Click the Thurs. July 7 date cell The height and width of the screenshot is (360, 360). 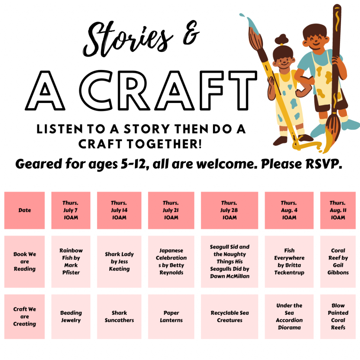pos(71,210)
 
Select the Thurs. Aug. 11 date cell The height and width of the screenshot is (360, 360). pos(338,210)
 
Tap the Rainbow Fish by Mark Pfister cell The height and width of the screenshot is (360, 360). pos(71,262)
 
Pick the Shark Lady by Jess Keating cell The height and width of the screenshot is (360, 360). pos(119,262)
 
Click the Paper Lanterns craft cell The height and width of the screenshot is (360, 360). pos(171,317)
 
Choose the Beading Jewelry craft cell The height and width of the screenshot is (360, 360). pos(71,317)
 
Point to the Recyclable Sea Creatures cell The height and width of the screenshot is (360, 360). pos(229,317)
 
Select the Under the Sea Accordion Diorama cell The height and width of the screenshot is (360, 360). pos(289,317)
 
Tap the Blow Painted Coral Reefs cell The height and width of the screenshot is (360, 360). pos(338,317)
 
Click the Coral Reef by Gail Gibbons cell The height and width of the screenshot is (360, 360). pos(338,262)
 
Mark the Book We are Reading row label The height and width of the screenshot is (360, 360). pos(24,262)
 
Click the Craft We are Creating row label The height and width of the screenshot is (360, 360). pos(24,317)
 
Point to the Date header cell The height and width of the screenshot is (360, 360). pos(24,210)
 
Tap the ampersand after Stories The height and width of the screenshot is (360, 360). pos(191,33)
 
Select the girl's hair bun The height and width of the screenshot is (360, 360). pos(282,39)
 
